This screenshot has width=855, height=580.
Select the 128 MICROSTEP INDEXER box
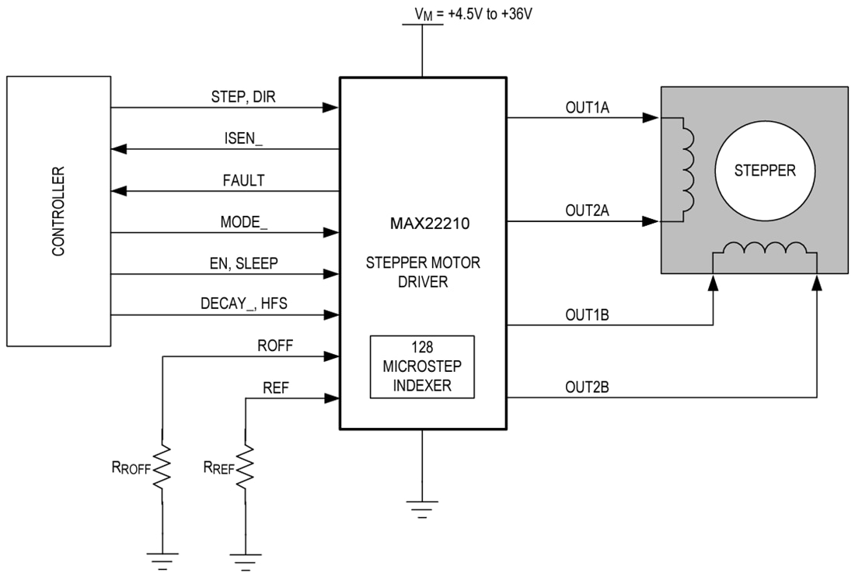click(x=422, y=366)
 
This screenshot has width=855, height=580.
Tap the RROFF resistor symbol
click(x=162, y=467)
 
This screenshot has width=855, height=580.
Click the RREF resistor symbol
click(x=246, y=467)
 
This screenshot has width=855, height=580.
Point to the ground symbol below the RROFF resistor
click(x=162, y=557)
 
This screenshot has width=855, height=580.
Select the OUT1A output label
click(x=587, y=108)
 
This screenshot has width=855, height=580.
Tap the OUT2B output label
click(x=587, y=386)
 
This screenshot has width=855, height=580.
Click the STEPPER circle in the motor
click(x=766, y=170)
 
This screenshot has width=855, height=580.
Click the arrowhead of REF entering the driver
click(x=333, y=398)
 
